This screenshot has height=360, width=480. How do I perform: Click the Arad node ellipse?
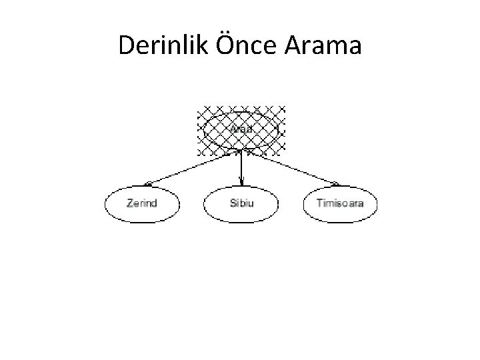point(241,129)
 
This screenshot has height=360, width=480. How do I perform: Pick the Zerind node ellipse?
point(141,203)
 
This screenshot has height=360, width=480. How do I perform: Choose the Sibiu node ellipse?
point(241,203)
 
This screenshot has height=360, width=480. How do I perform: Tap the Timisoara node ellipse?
point(340,203)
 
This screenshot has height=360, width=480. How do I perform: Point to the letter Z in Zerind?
point(128,203)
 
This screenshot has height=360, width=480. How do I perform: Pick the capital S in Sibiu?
point(231,203)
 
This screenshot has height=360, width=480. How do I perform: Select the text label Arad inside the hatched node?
point(241,128)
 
